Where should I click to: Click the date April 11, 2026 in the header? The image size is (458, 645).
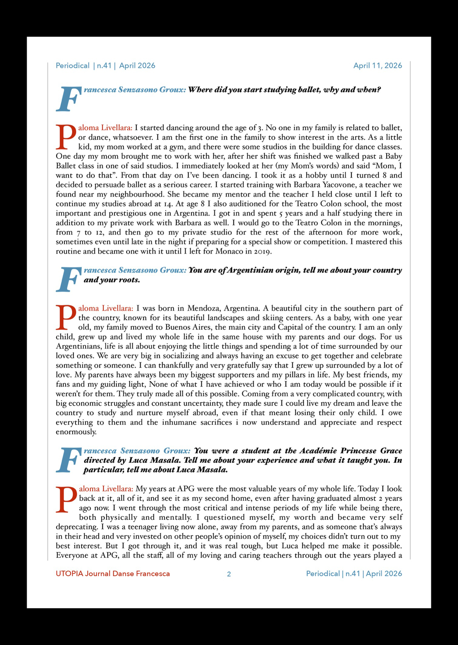pos(377,66)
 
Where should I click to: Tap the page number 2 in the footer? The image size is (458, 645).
pos(229,574)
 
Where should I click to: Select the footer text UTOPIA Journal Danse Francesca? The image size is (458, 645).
pos(113,574)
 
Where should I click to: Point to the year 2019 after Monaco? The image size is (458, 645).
pos(262,252)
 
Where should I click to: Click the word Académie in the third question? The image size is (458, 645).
pos(318,451)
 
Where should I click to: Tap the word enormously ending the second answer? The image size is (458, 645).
pos(76,432)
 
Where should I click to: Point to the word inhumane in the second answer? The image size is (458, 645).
pos(179,422)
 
